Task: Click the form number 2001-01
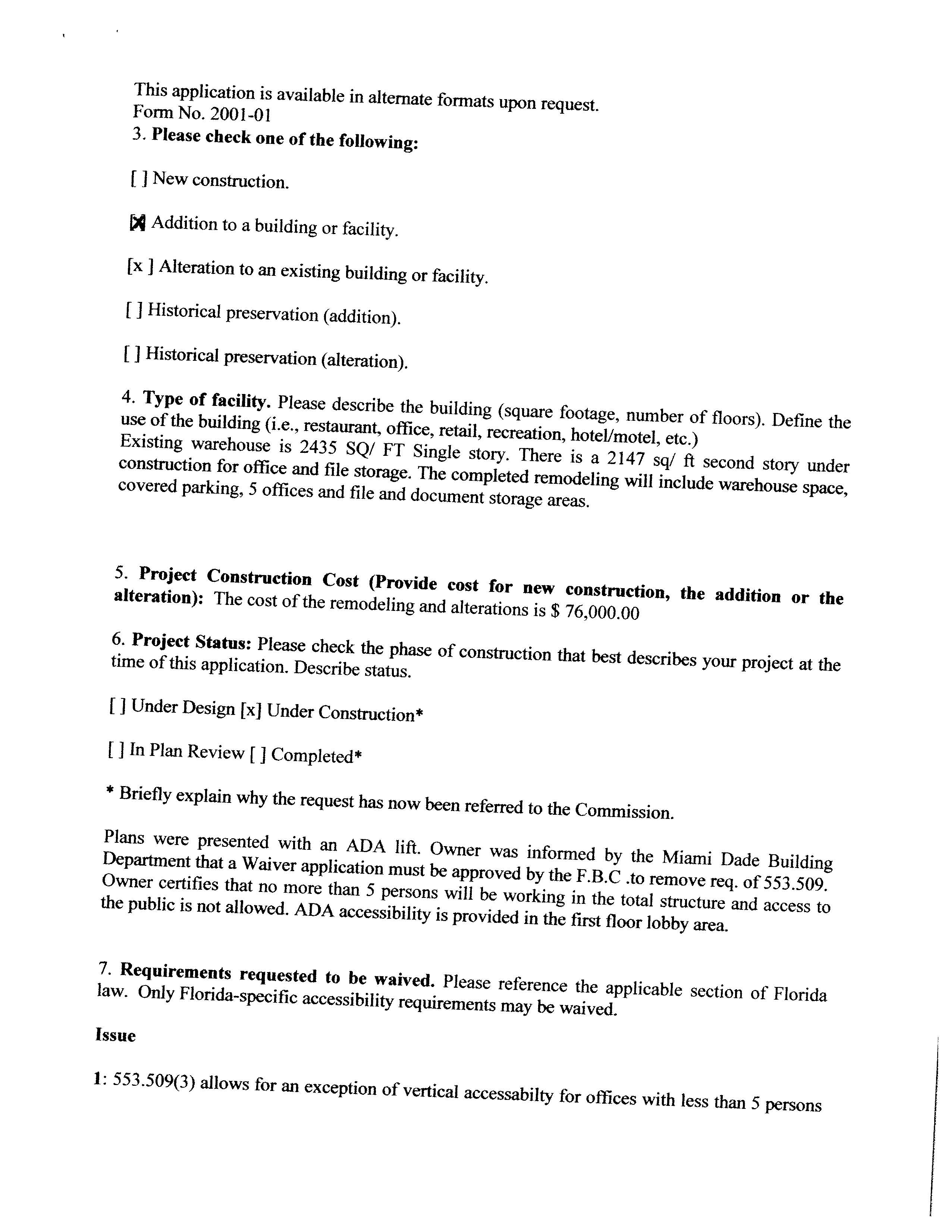[x=241, y=114]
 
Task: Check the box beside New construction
[x=139, y=179]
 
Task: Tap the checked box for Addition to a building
[x=138, y=223]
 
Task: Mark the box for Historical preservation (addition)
[x=134, y=309]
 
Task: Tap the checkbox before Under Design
[x=117, y=706]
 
